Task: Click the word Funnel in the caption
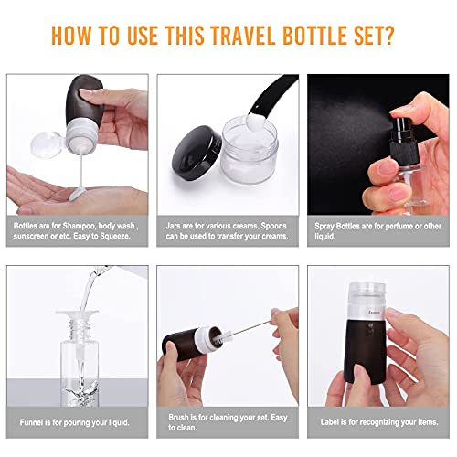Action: pyautogui.click(x=27, y=421)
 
